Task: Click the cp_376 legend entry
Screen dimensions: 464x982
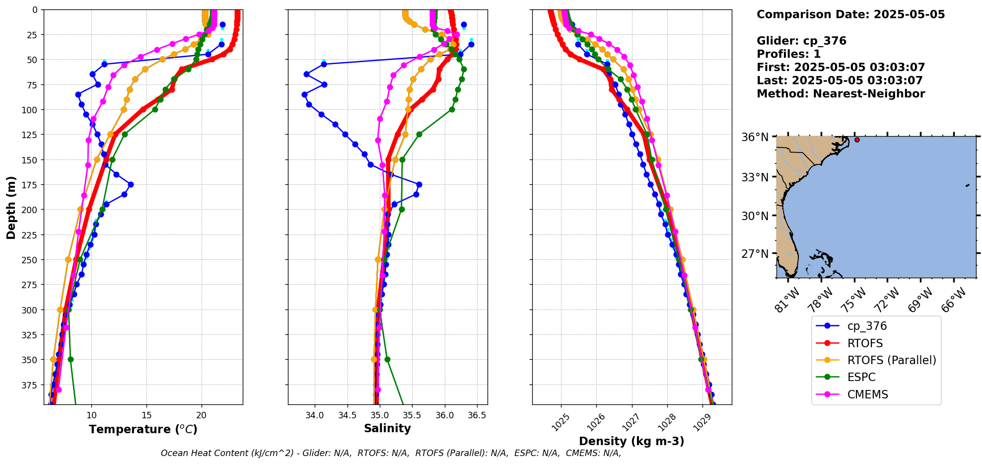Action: (866, 326)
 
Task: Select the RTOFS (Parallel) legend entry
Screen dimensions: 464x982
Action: (891, 360)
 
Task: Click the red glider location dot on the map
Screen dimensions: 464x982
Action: (857, 140)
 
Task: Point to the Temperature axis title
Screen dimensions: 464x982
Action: (143, 429)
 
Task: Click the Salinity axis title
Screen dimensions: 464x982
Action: (387, 428)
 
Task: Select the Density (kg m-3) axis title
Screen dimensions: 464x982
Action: (631, 441)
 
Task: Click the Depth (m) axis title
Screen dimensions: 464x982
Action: (11, 207)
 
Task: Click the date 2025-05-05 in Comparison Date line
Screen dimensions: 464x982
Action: (909, 14)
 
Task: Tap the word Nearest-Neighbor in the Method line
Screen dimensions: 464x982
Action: (869, 94)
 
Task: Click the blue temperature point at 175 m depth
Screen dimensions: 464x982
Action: (131, 184)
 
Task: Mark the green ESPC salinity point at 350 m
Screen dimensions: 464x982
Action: (387, 359)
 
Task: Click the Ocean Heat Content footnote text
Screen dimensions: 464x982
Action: (391, 453)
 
